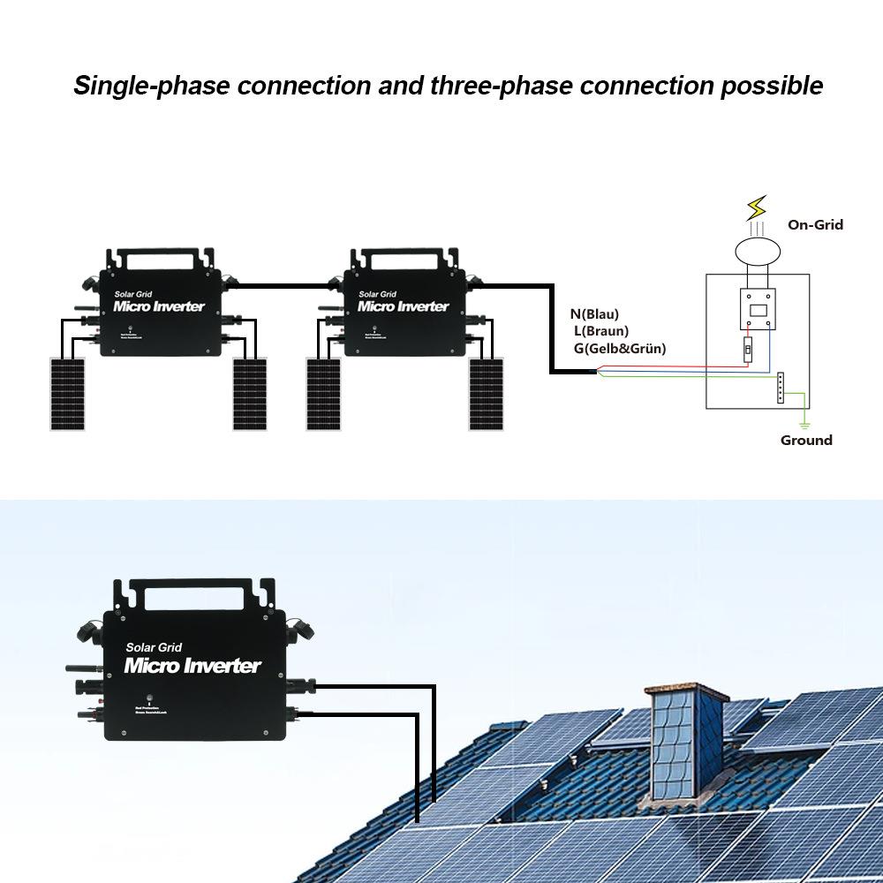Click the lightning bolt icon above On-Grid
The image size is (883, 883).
click(757, 209)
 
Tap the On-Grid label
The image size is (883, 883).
click(815, 224)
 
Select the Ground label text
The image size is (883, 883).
click(805, 440)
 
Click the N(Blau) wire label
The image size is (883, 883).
click(594, 313)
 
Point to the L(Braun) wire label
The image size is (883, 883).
click(600, 331)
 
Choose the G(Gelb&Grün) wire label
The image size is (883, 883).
click(619, 349)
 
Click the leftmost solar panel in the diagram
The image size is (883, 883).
click(66, 394)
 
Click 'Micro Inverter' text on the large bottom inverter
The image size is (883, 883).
click(192, 666)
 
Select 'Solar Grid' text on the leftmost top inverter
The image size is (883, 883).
click(134, 294)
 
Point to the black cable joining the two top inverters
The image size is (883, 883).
click(283, 285)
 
